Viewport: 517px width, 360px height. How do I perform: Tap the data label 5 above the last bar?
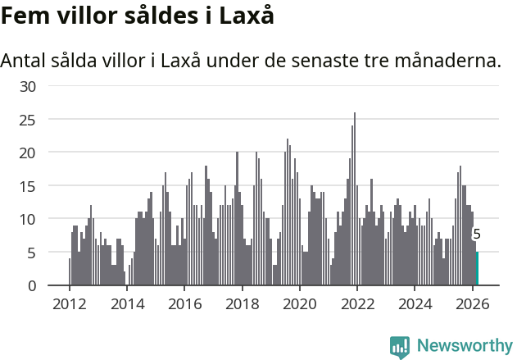pyautogui.click(x=477, y=235)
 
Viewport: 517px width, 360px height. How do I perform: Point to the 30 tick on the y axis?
pyautogui.click(x=27, y=86)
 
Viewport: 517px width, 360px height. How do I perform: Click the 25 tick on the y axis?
pyautogui.click(x=27, y=120)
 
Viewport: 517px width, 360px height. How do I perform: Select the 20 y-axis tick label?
pyautogui.click(x=27, y=153)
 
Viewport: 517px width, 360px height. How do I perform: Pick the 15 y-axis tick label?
pyautogui.click(x=27, y=186)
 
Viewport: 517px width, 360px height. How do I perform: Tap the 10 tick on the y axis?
pyautogui.click(x=27, y=219)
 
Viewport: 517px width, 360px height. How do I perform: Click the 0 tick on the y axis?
pyautogui.click(x=31, y=285)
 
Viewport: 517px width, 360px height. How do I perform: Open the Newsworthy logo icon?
pyautogui.click(x=400, y=347)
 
